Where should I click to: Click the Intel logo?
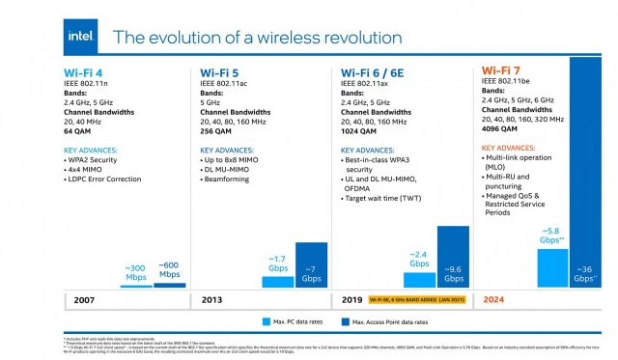(x=79, y=36)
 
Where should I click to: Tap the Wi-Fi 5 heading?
(x=221, y=72)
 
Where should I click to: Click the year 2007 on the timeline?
(x=86, y=299)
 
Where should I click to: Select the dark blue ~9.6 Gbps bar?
(x=453, y=257)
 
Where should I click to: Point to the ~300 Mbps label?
(x=135, y=271)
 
